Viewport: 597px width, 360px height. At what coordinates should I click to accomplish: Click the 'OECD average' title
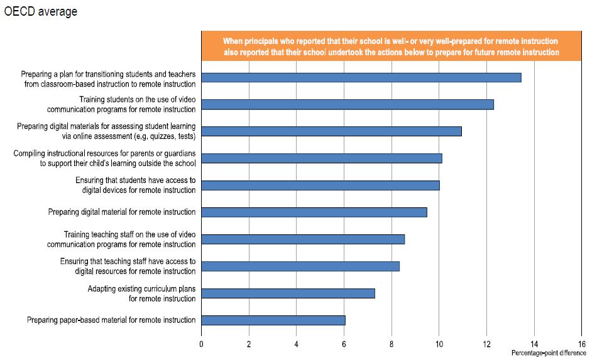41,12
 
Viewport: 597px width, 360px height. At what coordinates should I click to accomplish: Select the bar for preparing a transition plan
361,77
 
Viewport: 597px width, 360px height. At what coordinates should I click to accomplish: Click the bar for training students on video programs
348,104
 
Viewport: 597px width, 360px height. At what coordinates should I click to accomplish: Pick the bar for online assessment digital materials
331,131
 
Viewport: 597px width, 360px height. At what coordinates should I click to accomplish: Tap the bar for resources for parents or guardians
322,158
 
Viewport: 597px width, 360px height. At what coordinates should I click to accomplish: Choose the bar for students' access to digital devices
320,185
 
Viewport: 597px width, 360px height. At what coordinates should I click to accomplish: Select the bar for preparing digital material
314,212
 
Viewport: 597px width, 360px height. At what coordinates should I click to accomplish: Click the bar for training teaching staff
303,239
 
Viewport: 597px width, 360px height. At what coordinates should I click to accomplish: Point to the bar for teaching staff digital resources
300,266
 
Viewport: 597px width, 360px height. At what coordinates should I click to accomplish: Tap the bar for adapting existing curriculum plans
288,293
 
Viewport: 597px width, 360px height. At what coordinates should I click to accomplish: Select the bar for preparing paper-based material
273,320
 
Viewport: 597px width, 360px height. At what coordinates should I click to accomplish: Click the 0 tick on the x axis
201,344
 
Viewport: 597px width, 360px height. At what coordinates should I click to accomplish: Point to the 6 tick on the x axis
344,344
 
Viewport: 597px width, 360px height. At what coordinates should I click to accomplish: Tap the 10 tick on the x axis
439,344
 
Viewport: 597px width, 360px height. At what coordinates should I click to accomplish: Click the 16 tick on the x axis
581,344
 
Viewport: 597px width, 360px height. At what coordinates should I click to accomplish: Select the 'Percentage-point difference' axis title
548,353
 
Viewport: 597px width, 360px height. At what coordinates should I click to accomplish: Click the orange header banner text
391,46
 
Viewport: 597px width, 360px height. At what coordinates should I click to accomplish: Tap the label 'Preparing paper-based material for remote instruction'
111,320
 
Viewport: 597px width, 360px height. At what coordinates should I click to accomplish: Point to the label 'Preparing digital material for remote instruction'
122,212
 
